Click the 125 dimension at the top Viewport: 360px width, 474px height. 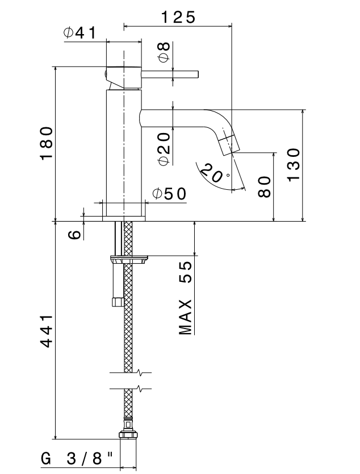click(x=178, y=17)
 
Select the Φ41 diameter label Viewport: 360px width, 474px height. click(x=80, y=32)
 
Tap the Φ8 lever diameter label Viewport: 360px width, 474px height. click(x=165, y=52)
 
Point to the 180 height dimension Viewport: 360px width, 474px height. click(x=47, y=143)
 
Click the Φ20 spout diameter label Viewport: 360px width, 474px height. click(x=165, y=149)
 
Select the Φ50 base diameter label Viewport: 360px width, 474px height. click(x=169, y=194)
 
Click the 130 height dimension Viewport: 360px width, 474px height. click(x=294, y=165)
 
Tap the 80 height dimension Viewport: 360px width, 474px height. click(x=264, y=187)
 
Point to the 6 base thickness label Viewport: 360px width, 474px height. click(x=74, y=234)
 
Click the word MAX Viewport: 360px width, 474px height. click(x=185, y=317)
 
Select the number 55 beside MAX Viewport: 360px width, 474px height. click(x=185, y=272)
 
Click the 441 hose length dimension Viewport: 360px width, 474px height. click(x=47, y=331)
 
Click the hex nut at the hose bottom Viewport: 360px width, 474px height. click(x=128, y=434)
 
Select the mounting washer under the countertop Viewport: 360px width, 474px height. click(x=129, y=259)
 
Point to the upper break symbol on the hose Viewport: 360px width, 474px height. click(x=130, y=372)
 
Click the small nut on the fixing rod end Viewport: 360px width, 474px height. click(x=118, y=302)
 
